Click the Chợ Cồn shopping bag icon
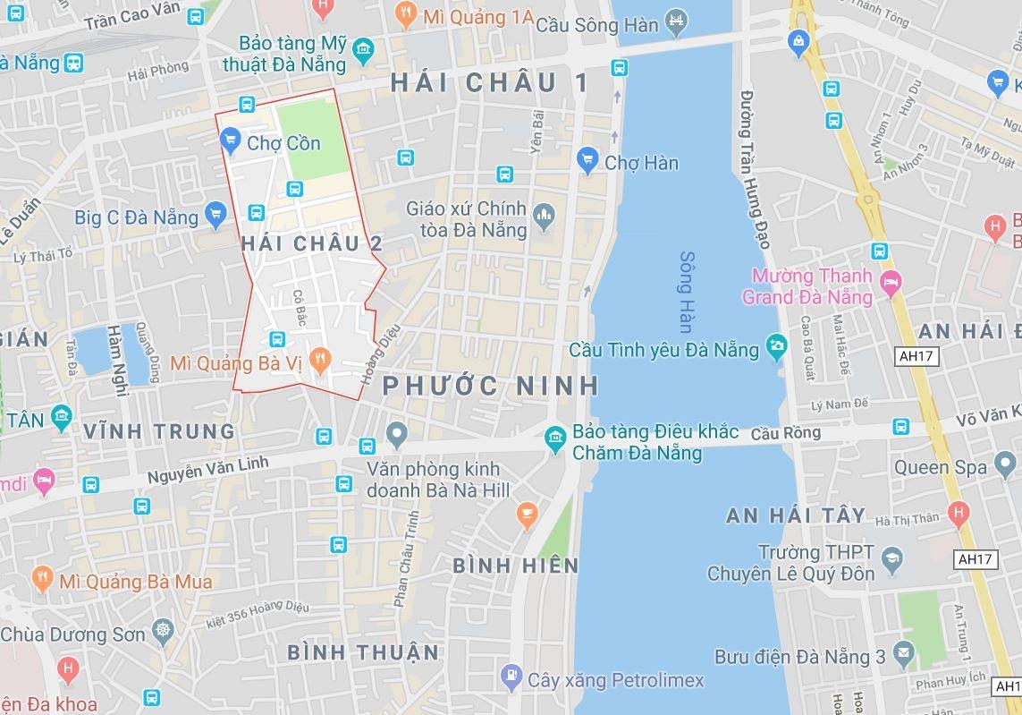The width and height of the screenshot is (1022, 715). (230, 140)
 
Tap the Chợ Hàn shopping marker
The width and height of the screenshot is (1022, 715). (587, 160)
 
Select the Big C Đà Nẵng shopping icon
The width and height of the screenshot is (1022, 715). (215, 214)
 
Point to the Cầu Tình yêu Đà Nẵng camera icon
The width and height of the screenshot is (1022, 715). (776, 346)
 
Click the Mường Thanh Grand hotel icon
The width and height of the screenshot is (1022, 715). (891, 284)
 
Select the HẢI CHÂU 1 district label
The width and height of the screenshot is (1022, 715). (490, 83)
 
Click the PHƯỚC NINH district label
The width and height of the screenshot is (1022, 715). (491, 386)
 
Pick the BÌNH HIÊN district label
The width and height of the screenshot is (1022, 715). (516, 566)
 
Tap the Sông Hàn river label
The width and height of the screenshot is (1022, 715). (687, 292)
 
